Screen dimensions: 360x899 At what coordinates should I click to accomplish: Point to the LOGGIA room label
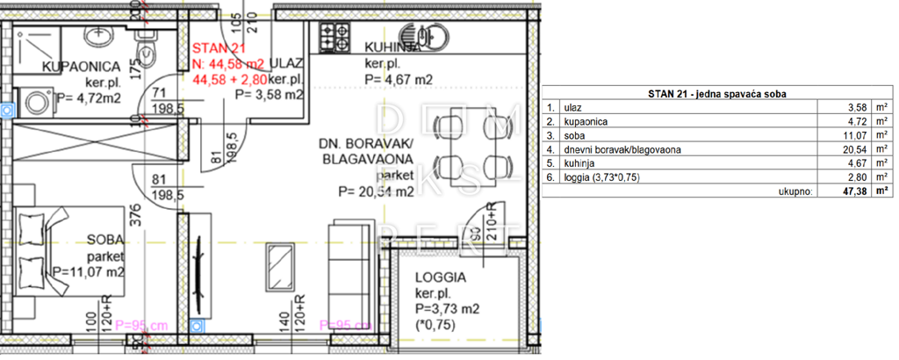click(x=441, y=277)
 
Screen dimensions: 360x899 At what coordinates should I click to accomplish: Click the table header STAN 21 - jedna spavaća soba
click(x=716, y=93)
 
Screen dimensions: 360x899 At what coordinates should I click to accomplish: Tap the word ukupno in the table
click(x=795, y=189)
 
